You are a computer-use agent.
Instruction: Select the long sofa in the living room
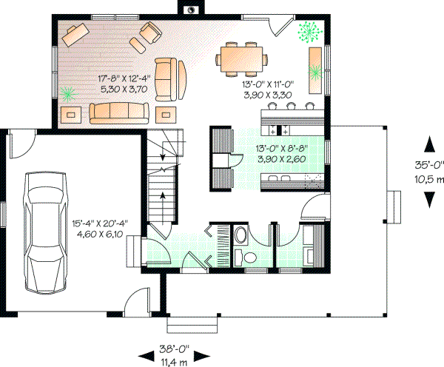119,112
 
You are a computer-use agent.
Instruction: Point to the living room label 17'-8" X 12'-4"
124,77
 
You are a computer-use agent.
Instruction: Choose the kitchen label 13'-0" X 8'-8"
280,147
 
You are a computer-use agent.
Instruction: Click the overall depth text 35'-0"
428,164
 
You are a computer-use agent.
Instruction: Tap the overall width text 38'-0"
175,347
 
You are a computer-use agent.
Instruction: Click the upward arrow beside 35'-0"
428,144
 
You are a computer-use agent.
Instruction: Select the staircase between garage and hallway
164,178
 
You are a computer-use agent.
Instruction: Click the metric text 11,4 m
175,360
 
